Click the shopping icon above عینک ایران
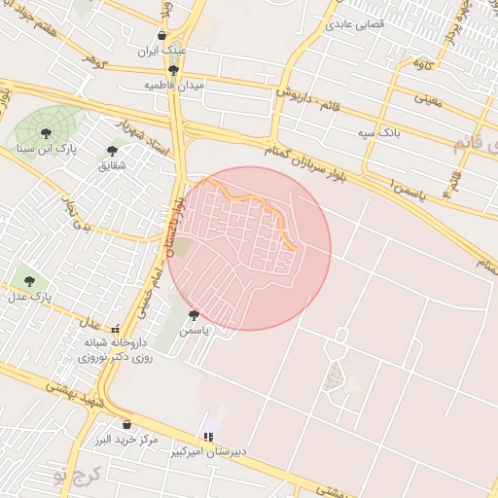(161, 35)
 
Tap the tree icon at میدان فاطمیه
(173, 70)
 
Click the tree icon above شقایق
(112, 151)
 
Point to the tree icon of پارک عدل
(26, 280)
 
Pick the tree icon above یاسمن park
(194, 314)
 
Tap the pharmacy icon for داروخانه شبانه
(117, 329)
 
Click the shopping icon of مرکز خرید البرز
(126, 424)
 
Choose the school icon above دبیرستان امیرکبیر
(206, 437)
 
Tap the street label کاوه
(422, 64)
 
